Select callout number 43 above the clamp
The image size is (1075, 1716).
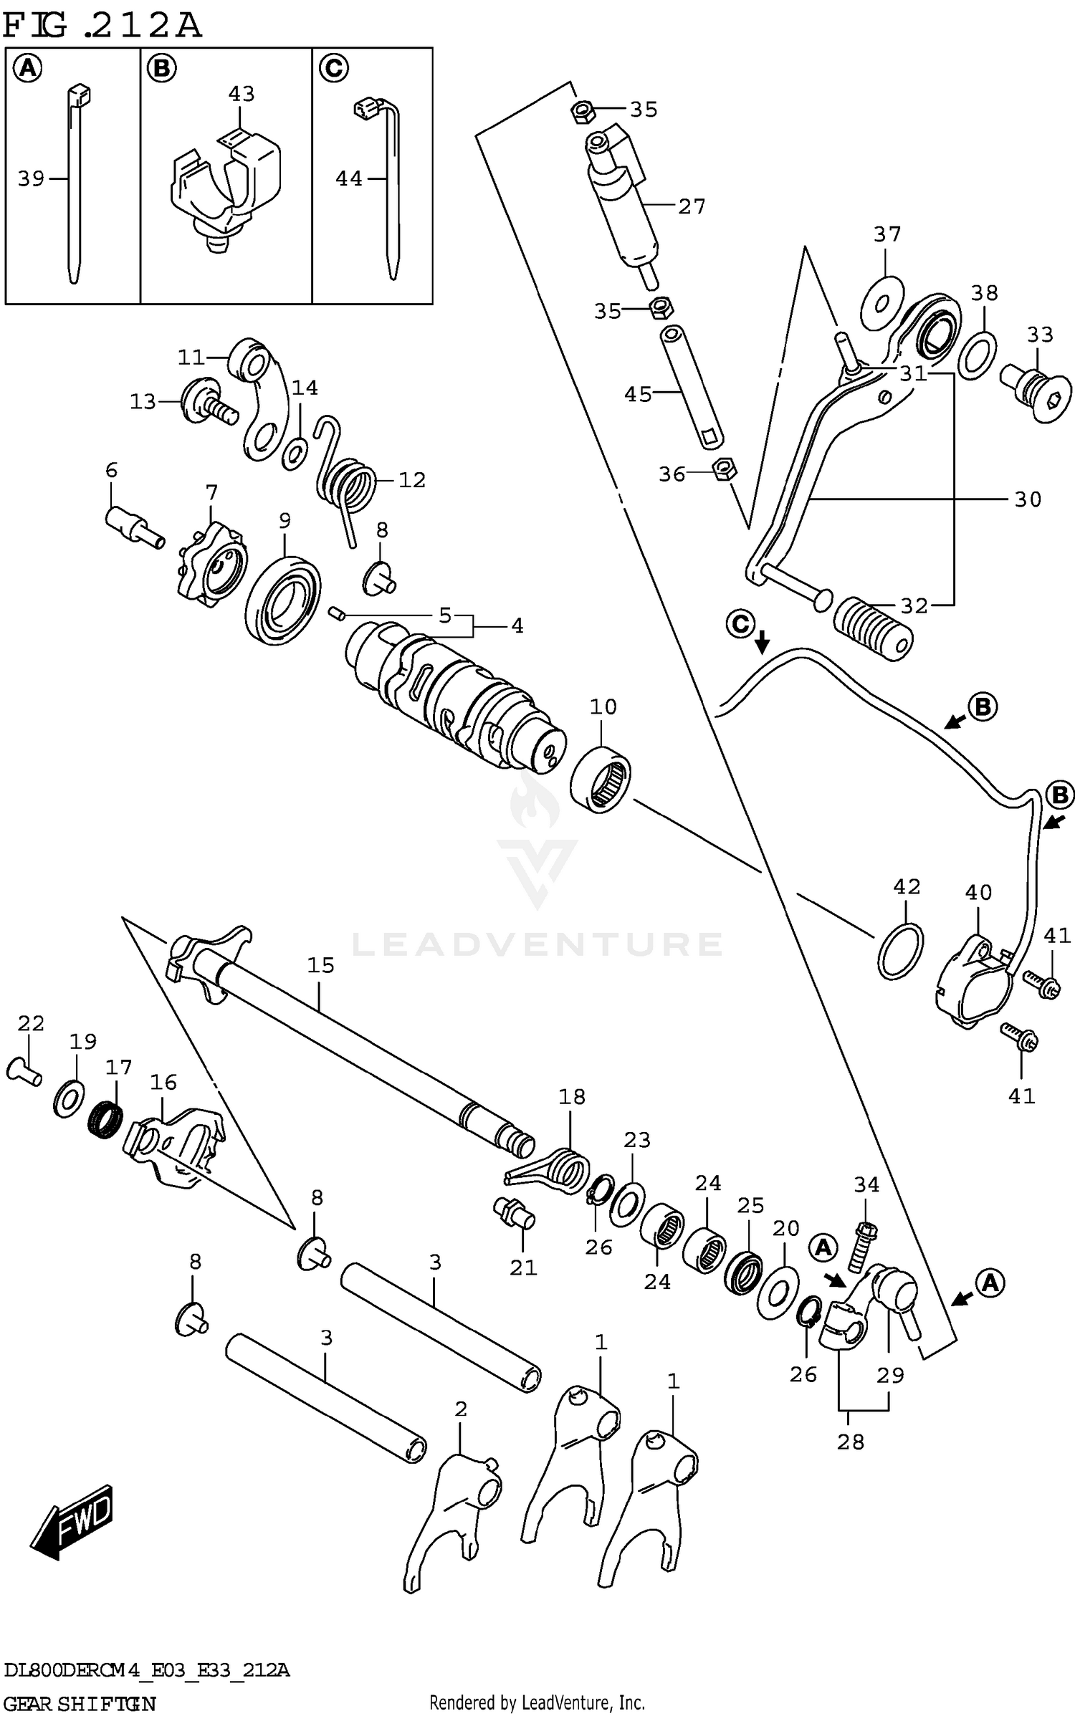coord(242,94)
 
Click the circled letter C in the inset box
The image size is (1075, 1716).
coord(333,69)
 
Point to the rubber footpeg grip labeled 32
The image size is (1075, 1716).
coord(873,628)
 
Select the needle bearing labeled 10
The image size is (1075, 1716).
coord(601,778)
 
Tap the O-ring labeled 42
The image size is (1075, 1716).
coord(900,951)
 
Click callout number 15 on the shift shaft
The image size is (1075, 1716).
coord(320,965)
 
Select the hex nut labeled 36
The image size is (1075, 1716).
coord(725,470)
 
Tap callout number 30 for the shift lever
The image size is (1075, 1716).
coord(1027,499)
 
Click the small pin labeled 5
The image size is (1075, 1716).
coord(337,613)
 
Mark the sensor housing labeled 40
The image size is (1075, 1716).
coord(973,981)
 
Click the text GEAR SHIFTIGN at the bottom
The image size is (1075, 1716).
coord(79,1702)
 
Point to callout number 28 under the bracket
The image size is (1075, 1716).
coord(850,1441)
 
